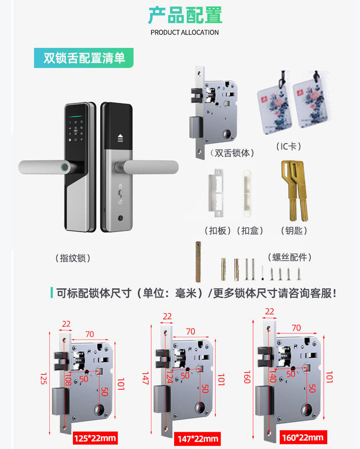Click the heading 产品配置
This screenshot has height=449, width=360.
(185, 15)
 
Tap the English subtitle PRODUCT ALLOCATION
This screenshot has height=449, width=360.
(185, 32)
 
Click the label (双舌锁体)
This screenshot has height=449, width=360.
(232, 153)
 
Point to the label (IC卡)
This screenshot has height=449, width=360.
(289, 146)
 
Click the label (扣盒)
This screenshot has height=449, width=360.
(250, 231)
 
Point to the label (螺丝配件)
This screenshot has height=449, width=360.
(289, 257)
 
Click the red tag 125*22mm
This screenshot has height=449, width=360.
(95, 439)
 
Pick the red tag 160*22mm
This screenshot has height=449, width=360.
(302, 438)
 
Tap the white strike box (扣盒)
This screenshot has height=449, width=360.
(247, 192)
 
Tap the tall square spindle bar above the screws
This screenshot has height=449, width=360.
(198, 262)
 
